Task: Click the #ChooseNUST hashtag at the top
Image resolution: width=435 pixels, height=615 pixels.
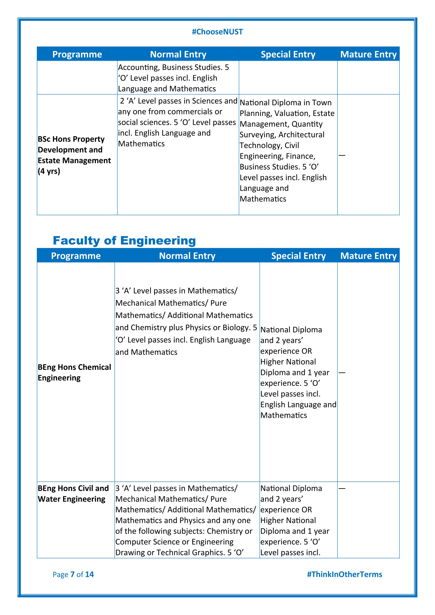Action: pyautogui.click(x=217, y=32)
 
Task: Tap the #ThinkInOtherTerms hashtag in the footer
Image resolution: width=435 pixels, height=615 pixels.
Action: pyautogui.click(x=344, y=574)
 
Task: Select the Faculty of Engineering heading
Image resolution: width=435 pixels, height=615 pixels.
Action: pyautogui.click(x=124, y=241)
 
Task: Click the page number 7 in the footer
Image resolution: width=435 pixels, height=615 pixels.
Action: pyautogui.click(x=72, y=574)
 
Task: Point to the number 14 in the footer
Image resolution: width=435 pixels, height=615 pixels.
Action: pyautogui.click(x=89, y=574)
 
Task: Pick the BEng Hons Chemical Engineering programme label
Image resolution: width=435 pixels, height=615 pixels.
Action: pyautogui.click(x=74, y=372)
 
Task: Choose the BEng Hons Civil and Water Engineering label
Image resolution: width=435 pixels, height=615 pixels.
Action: pyautogui.click(x=73, y=494)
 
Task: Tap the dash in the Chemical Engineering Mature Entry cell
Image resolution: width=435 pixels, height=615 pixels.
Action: pyautogui.click(x=342, y=373)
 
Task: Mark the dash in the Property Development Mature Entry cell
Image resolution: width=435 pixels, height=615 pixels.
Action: pyautogui.click(x=342, y=155)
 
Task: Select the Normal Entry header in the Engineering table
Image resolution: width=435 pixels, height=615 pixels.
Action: pyautogui.click(x=187, y=256)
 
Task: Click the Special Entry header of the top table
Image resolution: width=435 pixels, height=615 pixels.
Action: pyautogui.click(x=288, y=54)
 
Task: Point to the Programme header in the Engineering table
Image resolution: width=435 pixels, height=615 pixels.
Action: pyautogui.click(x=76, y=256)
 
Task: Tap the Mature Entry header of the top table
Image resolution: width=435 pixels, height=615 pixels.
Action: pyautogui.click(x=368, y=54)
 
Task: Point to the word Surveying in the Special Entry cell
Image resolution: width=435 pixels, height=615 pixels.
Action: pyautogui.click(x=257, y=135)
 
